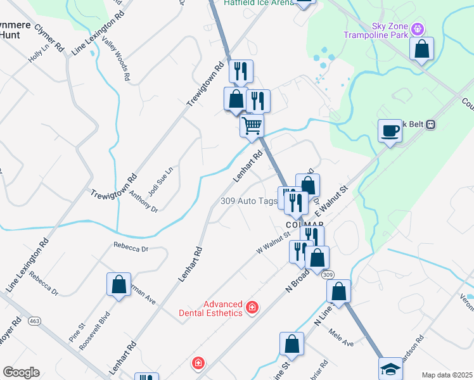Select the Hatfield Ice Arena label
[x=259, y=3]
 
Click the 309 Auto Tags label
[x=249, y=201]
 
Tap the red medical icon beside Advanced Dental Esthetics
[x=253, y=308]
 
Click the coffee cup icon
[x=390, y=131]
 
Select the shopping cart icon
[x=252, y=125]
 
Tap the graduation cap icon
[x=390, y=369]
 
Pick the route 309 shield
[x=327, y=275]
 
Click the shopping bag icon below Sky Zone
[x=421, y=49]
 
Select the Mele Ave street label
[x=340, y=340]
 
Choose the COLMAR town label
[x=304, y=224]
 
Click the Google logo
[x=21, y=372]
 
